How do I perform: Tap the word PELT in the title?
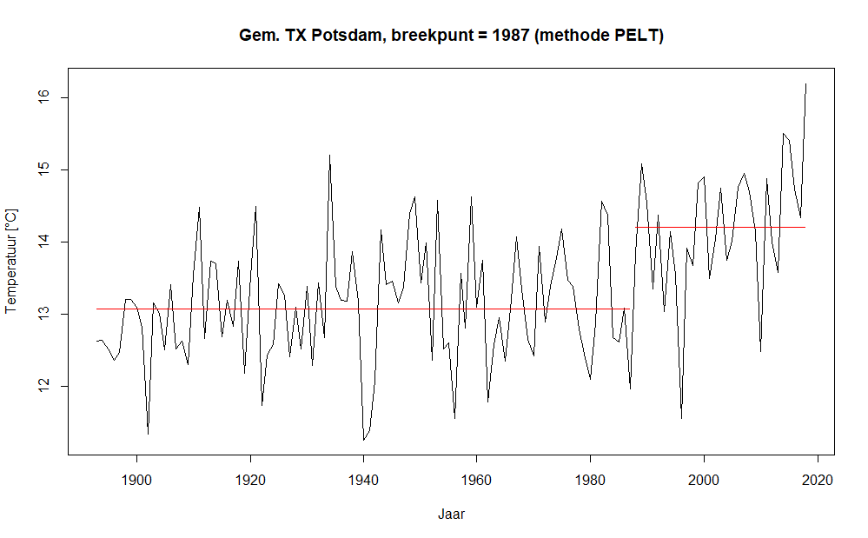pyautogui.click(x=636, y=36)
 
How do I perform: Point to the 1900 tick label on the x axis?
pyautogui.click(x=137, y=479)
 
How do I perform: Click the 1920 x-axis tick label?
pyautogui.click(x=250, y=479)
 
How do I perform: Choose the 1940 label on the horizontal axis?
pyautogui.click(x=363, y=479)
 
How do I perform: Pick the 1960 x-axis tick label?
pyautogui.click(x=477, y=479)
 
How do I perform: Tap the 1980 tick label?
pyautogui.click(x=590, y=479)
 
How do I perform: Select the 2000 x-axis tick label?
pyautogui.click(x=704, y=479)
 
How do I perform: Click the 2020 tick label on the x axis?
pyautogui.click(x=817, y=479)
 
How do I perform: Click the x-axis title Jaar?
pyautogui.click(x=451, y=514)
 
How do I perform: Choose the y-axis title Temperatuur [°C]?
pyautogui.click(x=12, y=261)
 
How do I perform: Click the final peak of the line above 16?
pyautogui.click(x=805, y=84)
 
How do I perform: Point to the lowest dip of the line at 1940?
pyautogui.click(x=363, y=440)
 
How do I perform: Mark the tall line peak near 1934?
pyautogui.click(x=329, y=156)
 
